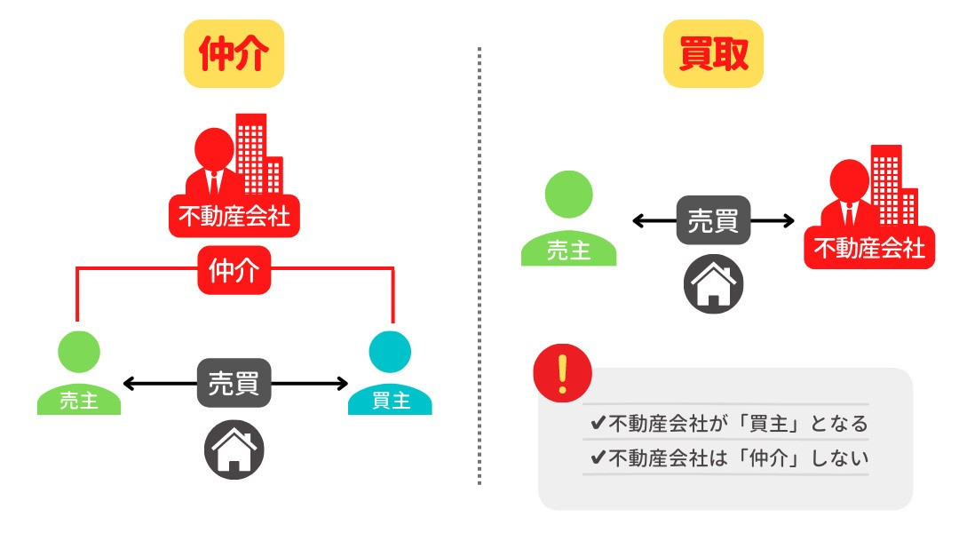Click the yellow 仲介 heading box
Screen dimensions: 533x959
234,54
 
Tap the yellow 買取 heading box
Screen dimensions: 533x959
713,54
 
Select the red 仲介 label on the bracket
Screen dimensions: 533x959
234,269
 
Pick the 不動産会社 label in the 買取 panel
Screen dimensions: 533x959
869,248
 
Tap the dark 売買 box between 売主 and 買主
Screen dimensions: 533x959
234,384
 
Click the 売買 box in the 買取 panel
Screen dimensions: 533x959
713,220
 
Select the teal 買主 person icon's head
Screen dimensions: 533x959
390,352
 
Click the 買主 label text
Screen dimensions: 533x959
390,401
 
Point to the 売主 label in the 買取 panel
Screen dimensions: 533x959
568,251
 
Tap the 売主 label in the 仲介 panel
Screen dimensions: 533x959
78,401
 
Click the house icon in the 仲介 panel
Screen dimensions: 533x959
234,449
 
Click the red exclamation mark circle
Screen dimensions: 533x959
562,374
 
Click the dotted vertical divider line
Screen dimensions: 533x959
479,266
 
